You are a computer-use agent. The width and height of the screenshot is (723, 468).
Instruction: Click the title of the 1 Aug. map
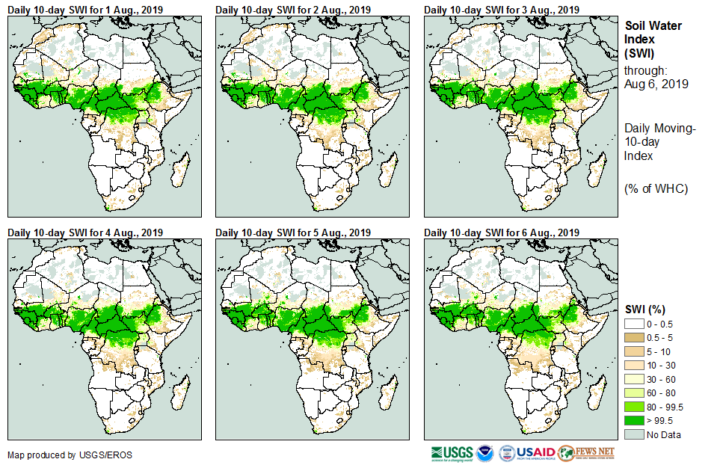tap(84, 10)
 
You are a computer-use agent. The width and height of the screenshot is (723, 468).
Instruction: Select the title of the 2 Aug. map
tap(293, 10)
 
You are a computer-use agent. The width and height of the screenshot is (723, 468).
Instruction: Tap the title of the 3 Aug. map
tap(502, 10)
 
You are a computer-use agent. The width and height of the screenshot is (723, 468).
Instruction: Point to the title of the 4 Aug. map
tap(84, 233)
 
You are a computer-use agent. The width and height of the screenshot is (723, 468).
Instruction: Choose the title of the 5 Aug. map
tap(293, 233)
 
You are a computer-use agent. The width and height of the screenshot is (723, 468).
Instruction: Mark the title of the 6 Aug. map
tap(502, 233)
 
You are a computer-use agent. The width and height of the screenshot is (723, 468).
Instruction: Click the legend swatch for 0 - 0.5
tap(634, 323)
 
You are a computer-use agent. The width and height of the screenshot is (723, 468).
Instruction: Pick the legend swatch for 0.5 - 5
tap(634, 337)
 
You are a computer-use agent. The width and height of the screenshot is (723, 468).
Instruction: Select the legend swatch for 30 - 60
tap(634, 379)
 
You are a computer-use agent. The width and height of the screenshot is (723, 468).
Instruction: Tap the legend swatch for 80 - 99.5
tap(634, 407)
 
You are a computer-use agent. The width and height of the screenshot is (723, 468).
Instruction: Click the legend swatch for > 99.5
tap(634, 421)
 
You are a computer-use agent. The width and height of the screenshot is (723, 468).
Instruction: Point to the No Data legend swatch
tap(634, 434)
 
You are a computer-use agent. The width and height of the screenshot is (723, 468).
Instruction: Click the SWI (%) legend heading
tap(645, 310)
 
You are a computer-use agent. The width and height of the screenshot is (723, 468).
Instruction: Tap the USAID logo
tap(526, 453)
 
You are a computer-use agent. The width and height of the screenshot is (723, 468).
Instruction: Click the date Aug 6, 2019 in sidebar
tap(656, 84)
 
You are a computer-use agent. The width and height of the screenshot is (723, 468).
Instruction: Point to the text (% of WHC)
tap(656, 188)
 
